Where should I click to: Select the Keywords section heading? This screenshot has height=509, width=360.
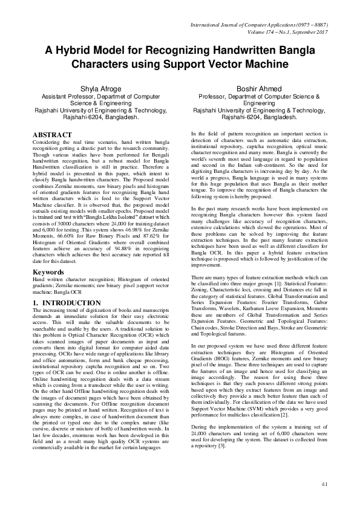[49, 272]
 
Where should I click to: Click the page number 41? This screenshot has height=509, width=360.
[324, 483]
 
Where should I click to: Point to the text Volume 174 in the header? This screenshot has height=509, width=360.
[275, 33]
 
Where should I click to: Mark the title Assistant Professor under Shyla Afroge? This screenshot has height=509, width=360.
[67, 97]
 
